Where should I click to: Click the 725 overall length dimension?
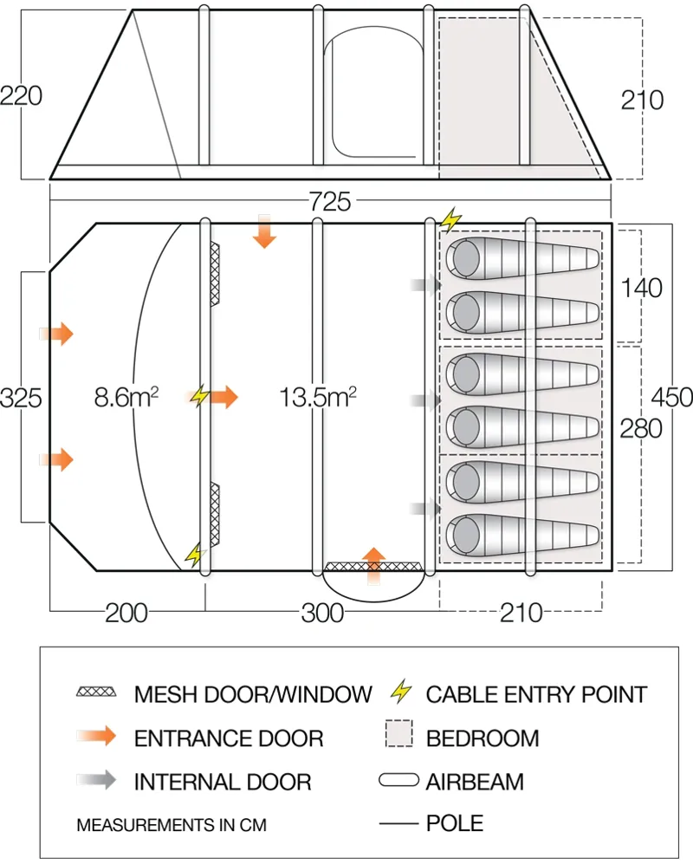329,203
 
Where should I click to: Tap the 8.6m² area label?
126,398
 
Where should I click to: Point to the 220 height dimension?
22,95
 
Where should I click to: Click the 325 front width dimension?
22,398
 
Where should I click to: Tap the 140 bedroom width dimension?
642,287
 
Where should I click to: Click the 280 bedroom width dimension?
642,427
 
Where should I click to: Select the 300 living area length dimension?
321,613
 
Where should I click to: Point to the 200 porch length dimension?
126,613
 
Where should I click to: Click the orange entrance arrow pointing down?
265,232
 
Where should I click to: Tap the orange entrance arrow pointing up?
373,562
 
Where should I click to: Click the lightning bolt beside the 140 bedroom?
450,218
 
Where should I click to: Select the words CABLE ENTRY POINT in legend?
536,694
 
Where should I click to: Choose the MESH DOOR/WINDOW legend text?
253,694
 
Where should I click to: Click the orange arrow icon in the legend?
96,737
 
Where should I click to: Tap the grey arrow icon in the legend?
96,782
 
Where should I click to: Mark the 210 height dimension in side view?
642,101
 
